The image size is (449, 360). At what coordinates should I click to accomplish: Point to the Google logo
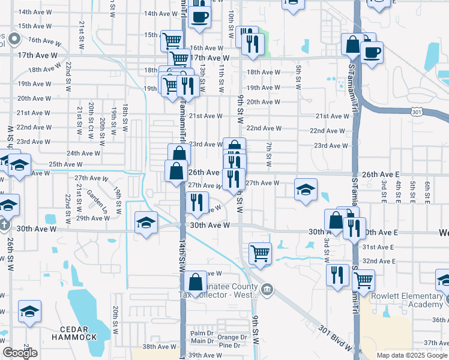(x=20, y=353)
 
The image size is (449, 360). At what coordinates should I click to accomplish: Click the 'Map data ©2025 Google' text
(x=411, y=355)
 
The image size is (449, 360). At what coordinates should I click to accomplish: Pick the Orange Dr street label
(x=232, y=337)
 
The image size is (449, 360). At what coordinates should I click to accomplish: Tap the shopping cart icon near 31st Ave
(x=260, y=253)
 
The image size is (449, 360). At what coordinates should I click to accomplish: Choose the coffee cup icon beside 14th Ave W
(x=200, y=16)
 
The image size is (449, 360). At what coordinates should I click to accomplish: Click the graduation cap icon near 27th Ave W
(x=306, y=190)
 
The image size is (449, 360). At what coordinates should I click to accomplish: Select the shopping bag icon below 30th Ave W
(x=196, y=281)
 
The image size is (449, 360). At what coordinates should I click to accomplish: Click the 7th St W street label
(x=270, y=155)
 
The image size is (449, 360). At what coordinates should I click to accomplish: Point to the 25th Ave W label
(x=65, y=164)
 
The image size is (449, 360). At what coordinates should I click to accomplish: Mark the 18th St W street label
(x=125, y=116)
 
